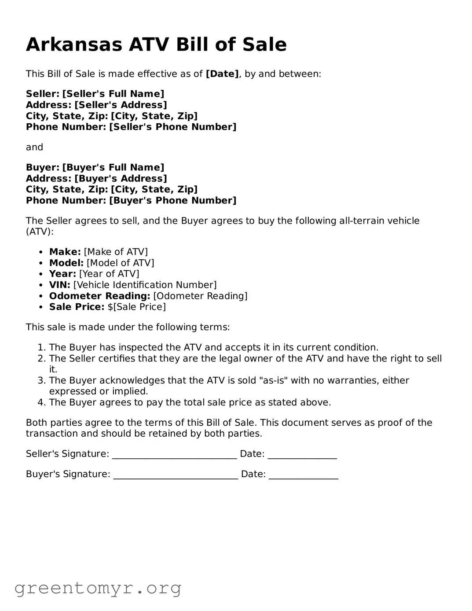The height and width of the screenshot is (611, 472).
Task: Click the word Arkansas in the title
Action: (x=74, y=45)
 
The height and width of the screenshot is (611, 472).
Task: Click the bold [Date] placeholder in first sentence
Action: (x=222, y=74)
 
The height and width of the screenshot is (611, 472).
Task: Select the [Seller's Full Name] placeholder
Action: (x=113, y=94)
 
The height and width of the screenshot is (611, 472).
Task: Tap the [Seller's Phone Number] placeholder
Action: (x=172, y=127)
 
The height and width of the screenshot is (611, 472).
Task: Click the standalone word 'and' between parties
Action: (x=34, y=147)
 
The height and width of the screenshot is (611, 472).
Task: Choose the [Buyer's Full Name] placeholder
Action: (x=113, y=167)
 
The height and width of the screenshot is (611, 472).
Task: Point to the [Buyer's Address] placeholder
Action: (x=121, y=178)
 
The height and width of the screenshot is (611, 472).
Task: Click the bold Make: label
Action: (x=65, y=252)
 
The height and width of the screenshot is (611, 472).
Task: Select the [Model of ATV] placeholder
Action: (x=120, y=263)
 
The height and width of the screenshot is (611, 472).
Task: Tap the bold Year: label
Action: (x=62, y=274)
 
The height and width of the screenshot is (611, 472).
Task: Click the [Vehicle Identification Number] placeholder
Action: (x=145, y=285)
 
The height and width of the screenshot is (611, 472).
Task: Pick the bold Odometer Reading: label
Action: (x=99, y=296)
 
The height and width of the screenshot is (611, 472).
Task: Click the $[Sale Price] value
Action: (x=136, y=307)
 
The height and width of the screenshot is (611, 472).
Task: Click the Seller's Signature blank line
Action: (x=174, y=456)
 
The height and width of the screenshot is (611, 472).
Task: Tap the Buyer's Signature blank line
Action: (x=176, y=476)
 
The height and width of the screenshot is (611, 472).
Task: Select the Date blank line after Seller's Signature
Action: (x=302, y=456)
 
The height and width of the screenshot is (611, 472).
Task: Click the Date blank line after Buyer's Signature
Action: (x=304, y=476)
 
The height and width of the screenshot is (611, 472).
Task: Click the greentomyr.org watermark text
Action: (x=98, y=588)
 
